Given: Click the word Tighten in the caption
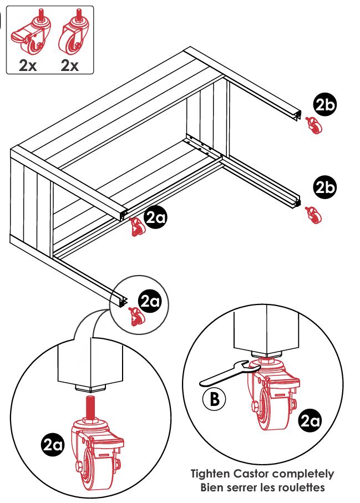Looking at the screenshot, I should [211, 474].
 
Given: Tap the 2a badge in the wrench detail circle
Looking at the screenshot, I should [309, 422].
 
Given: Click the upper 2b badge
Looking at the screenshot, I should [325, 106].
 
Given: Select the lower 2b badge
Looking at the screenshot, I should [325, 187].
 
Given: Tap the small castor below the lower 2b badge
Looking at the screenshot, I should [313, 215].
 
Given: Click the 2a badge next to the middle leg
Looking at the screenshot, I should [155, 218].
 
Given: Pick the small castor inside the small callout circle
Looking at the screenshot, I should [135, 316].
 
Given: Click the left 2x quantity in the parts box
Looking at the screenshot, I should [28, 65].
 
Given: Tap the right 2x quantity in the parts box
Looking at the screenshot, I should [70, 65].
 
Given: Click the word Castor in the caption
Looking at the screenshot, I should [258, 474].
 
